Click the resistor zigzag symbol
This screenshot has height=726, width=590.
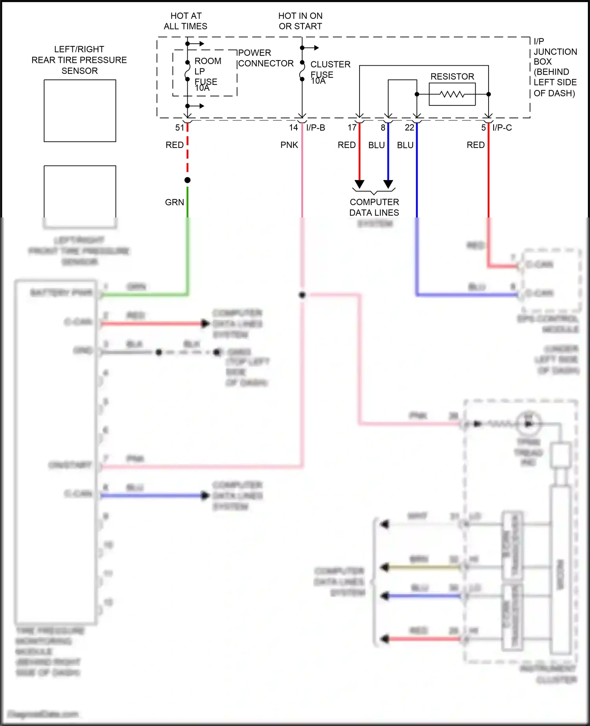[452, 94]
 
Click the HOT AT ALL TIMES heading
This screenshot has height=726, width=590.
[186, 21]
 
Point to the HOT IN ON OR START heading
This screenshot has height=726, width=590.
[300, 21]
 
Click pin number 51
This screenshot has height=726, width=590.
[180, 127]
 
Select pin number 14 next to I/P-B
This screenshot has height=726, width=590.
[293, 127]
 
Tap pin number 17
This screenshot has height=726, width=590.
[352, 127]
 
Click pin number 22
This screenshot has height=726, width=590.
[409, 127]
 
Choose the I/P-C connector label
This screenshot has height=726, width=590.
[502, 127]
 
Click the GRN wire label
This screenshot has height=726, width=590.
[174, 202]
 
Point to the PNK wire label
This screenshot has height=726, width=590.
[289, 145]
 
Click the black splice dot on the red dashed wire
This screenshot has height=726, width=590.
[188, 180]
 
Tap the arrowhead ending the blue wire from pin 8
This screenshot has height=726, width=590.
[388, 184]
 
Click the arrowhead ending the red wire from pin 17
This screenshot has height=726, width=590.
[360, 184]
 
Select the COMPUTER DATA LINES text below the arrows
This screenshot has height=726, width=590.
[374, 207]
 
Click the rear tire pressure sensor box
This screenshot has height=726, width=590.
[80, 111]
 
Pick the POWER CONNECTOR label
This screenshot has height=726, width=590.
[265, 58]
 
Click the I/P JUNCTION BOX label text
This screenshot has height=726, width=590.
[555, 67]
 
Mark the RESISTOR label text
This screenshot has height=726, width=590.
[452, 76]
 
